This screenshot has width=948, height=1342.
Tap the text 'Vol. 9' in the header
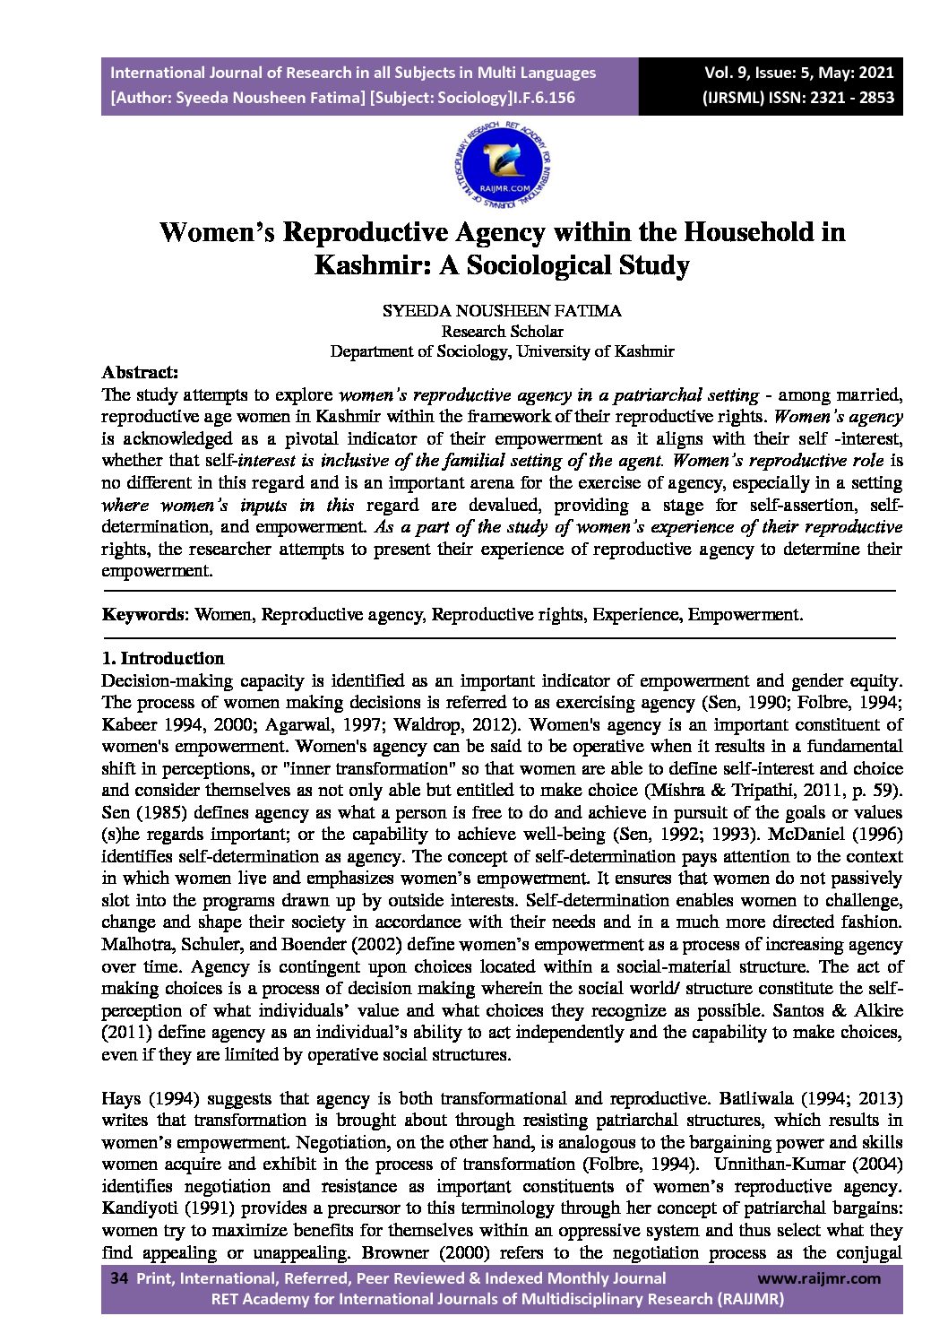(726, 73)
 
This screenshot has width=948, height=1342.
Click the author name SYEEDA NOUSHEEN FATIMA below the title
(502, 312)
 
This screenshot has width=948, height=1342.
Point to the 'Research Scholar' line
(502, 332)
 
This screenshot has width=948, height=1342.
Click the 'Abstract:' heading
(140, 372)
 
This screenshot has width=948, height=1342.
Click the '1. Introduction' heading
(163, 658)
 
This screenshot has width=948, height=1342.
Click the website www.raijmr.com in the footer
(819, 1278)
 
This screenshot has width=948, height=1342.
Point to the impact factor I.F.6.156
(542, 99)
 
